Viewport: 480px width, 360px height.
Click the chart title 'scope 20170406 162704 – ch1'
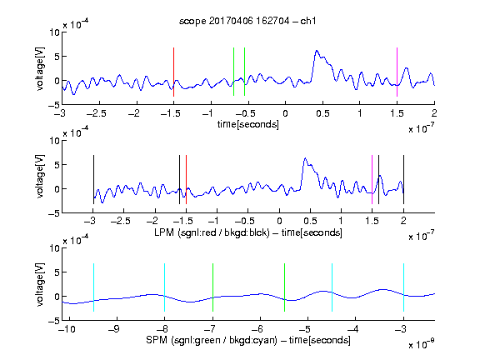pos(247,21)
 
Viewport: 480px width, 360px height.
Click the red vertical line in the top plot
pos(173,72)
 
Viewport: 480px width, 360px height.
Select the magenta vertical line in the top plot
pos(397,72)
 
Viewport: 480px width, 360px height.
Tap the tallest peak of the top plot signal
pos(317,51)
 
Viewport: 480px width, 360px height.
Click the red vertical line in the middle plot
pos(186,179)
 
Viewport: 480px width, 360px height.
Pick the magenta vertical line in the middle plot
pos(372,179)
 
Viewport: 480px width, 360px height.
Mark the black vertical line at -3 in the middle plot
pos(93,179)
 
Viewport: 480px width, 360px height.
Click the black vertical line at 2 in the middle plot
pos(403,179)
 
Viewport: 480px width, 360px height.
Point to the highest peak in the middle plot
pos(305,158)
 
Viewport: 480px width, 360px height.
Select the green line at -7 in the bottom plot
pos(212,287)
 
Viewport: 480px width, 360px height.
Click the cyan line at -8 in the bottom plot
pos(164,287)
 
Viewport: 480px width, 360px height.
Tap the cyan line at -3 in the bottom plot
pos(403,287)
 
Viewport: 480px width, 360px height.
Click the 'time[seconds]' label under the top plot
pos(248,124)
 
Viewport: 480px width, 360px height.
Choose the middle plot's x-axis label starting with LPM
pos(248,232)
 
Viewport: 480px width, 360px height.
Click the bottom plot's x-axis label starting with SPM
pos(248,340)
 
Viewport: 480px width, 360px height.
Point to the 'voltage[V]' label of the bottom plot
pos(40,284)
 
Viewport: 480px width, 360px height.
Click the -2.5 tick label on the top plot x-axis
pos(96,113)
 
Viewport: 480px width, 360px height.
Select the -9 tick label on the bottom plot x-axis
pos(113,329)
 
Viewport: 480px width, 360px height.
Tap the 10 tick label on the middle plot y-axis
pos(54,141)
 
